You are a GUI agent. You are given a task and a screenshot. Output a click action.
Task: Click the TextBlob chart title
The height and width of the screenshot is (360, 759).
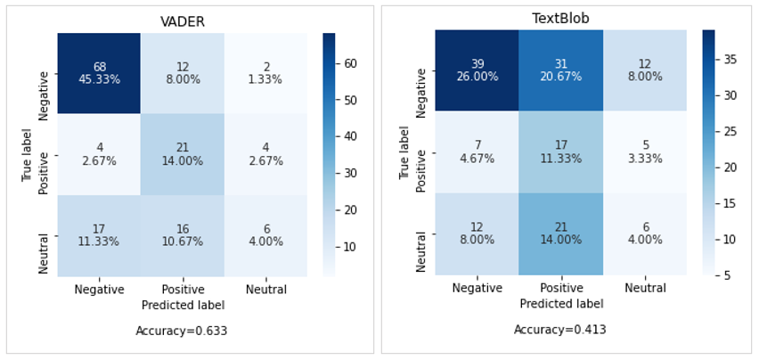click(560, 17)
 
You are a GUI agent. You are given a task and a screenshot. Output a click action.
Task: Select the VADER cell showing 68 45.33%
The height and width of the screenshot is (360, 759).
click(99, 73)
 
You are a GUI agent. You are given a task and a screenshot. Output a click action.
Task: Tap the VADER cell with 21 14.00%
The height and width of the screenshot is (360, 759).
click(182, 154)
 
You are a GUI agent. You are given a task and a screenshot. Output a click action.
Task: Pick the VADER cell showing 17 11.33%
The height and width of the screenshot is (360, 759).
click(99, 235)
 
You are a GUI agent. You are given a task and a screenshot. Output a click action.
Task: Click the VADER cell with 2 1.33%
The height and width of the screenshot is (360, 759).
click(265, 73)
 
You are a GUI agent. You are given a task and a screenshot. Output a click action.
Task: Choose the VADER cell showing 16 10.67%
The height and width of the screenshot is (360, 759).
click(182, 235)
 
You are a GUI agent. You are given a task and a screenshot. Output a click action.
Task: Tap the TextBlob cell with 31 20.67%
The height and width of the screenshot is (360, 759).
click(560, 70)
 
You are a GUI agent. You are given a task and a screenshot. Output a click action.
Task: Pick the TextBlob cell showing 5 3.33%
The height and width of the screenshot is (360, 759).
click(643, 152)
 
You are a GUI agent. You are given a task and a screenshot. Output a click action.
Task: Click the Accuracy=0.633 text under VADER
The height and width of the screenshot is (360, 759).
click(182, 331)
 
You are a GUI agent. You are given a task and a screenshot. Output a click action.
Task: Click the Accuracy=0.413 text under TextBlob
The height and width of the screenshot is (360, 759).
click(559, 330)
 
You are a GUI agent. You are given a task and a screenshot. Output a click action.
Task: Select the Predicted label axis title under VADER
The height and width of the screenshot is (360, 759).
click(182, 304)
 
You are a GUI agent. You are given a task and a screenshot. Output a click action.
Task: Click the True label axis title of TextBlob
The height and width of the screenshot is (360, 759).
click(406, 152)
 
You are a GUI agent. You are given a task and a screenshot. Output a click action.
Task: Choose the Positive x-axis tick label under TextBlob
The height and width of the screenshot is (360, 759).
click(560, 289)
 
